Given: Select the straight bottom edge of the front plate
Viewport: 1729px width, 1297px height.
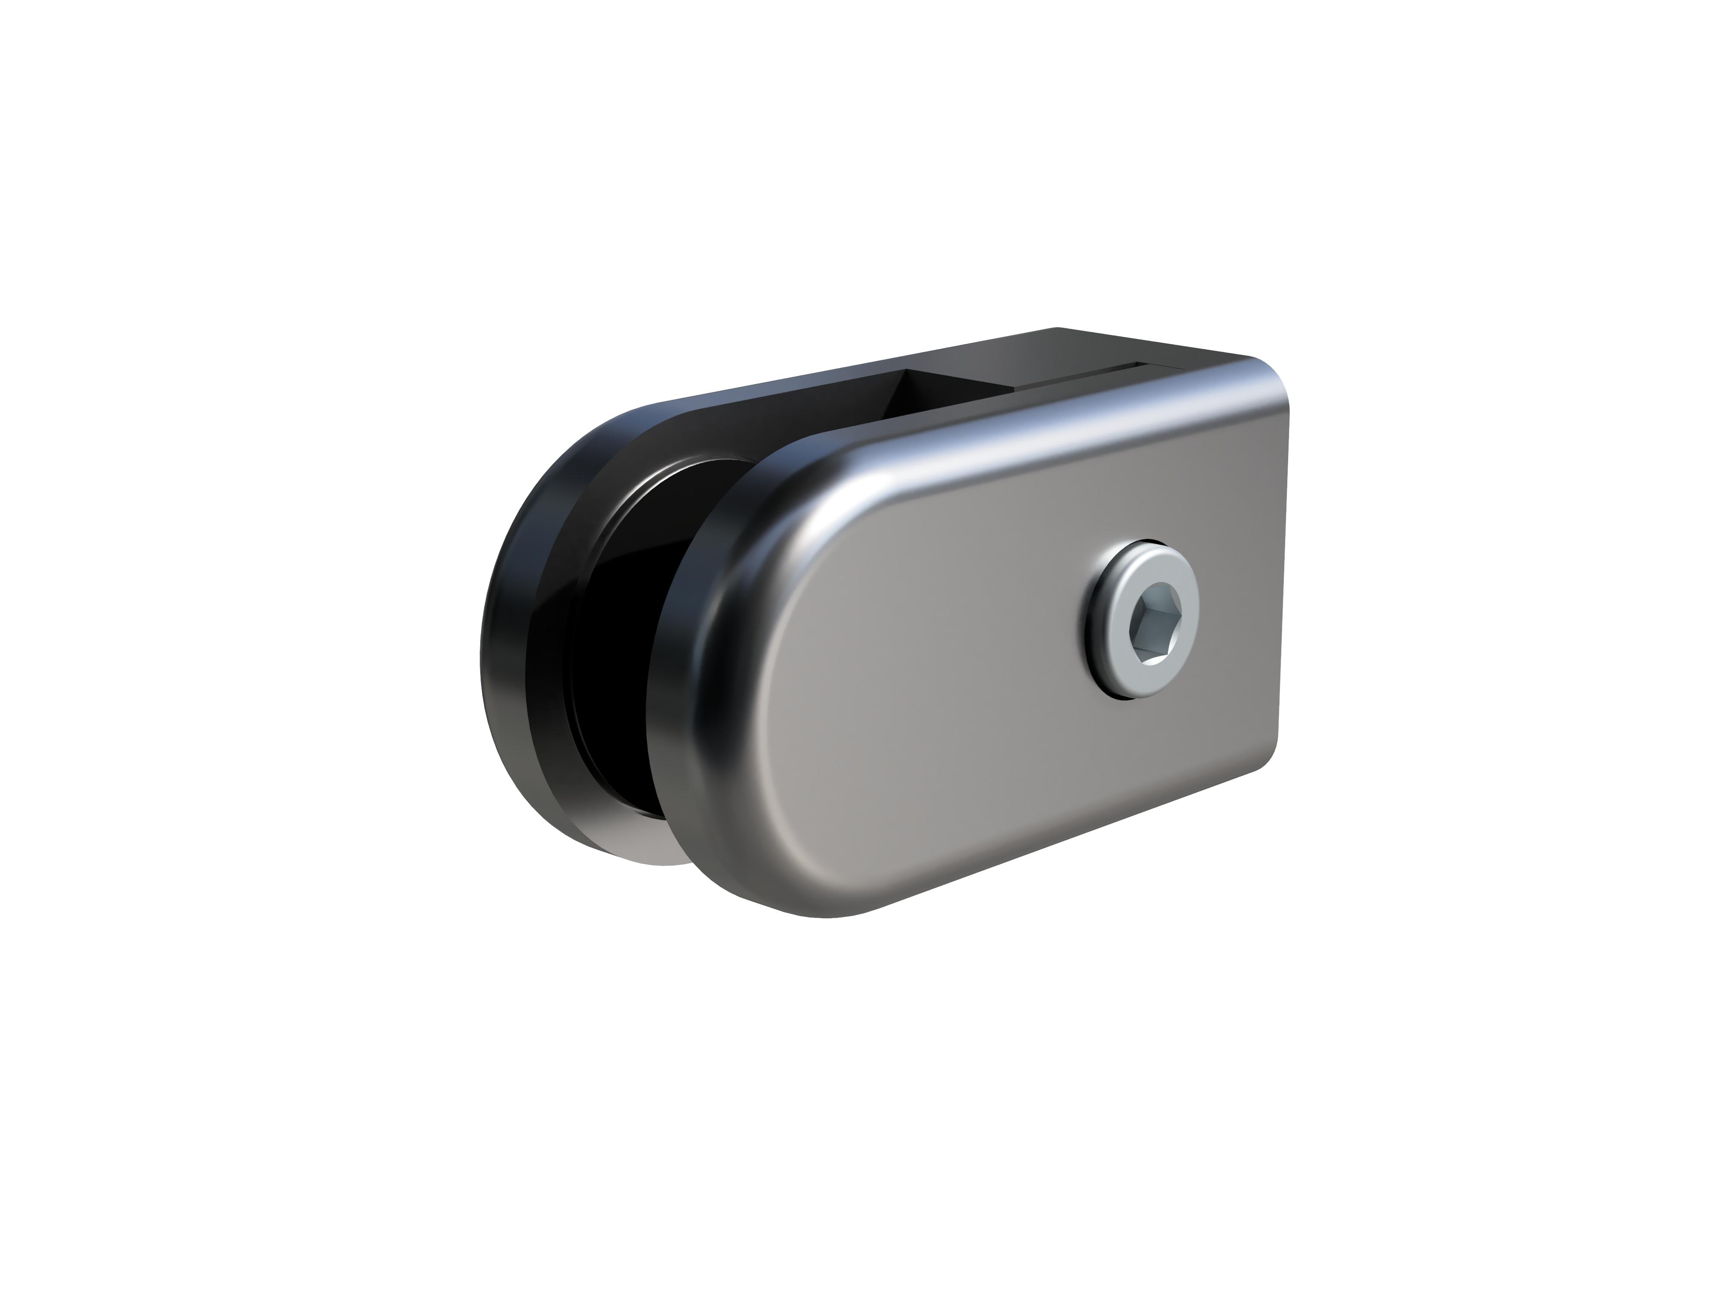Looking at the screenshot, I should point(1055,844).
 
